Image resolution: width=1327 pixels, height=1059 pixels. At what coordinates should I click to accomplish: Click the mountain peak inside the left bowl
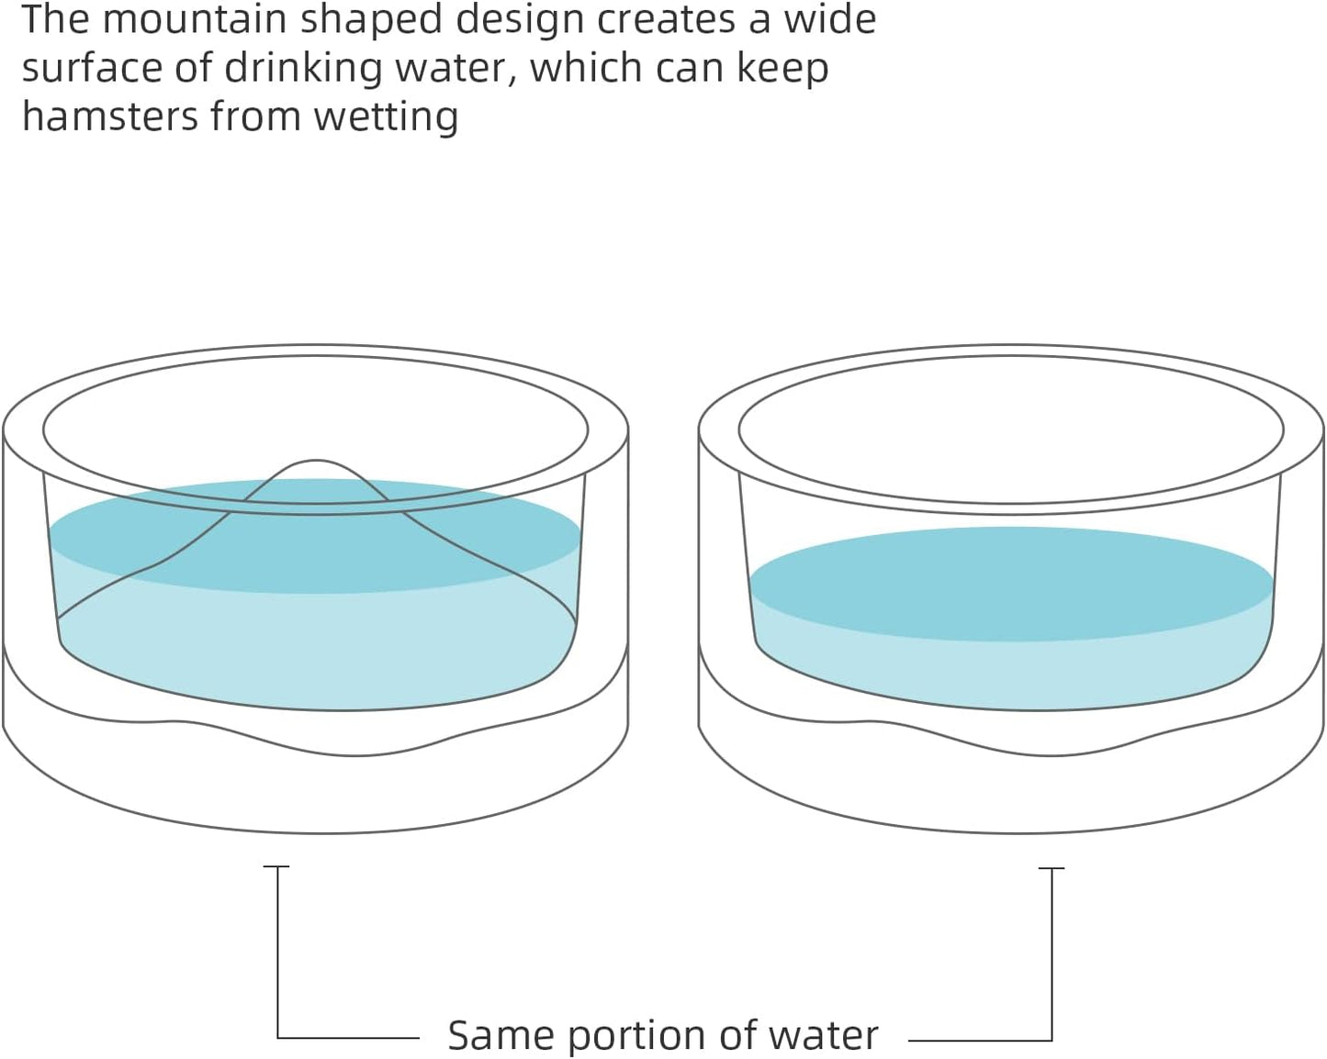[x=316, y=464]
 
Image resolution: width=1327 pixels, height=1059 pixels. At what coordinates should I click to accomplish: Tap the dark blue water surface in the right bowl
[x=1010, y=583]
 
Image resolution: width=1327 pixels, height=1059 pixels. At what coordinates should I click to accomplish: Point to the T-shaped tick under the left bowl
[x=276, y=866]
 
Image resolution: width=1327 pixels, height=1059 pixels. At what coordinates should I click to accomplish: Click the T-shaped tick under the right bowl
[x=1051, y=868]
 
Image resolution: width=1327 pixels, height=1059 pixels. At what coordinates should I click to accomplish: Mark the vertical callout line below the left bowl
[x=277, y=954]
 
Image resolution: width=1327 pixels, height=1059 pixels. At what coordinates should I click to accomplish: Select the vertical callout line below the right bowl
[x=1051, y=954]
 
